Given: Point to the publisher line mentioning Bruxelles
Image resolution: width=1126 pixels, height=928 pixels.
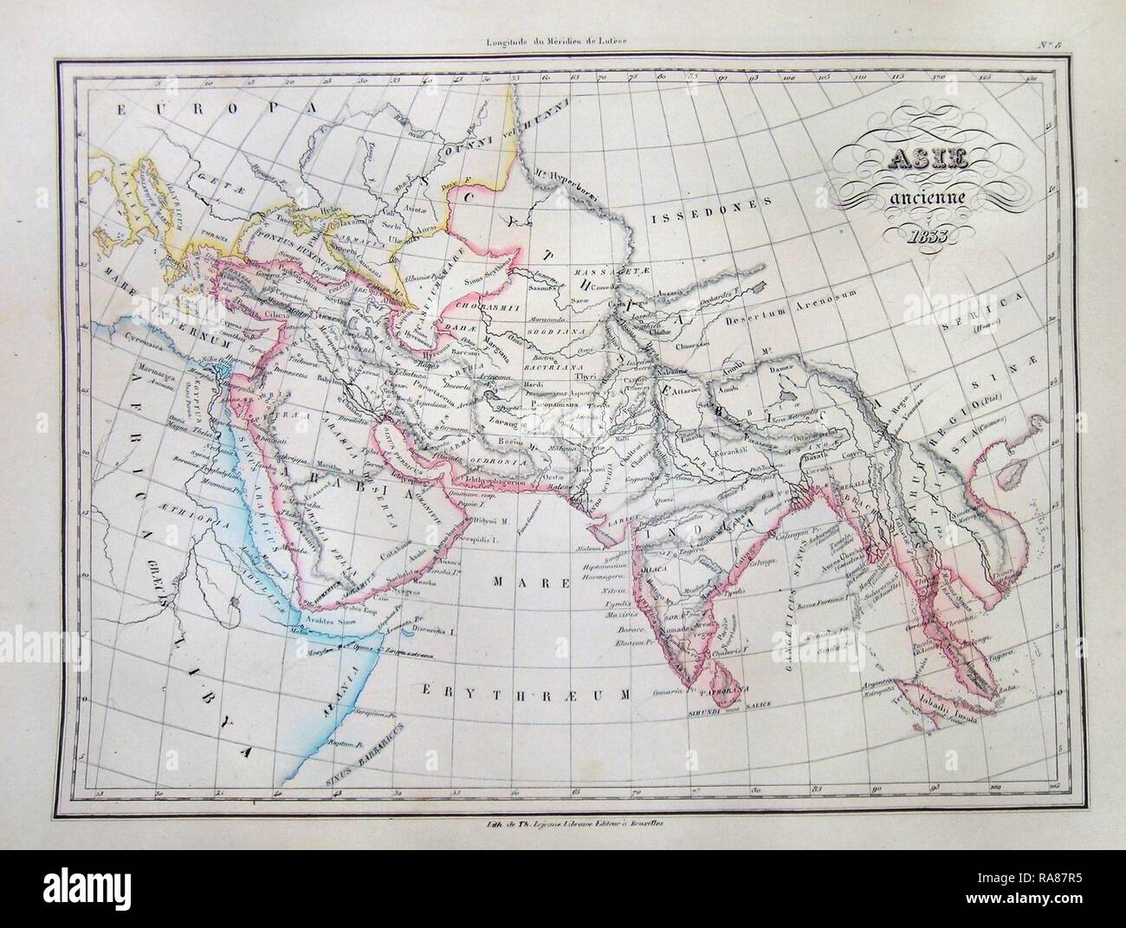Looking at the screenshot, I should pyautogui.click(x=562, y=827).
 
